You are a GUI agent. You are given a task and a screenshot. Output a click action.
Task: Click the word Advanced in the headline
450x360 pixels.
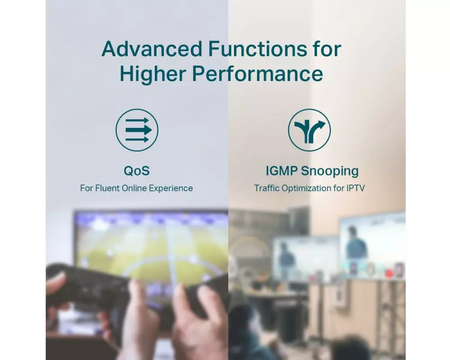(152, 49)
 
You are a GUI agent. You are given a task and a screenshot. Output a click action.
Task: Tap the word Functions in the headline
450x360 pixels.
(257, 49)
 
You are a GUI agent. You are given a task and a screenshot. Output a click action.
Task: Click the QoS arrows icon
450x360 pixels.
(137, 130)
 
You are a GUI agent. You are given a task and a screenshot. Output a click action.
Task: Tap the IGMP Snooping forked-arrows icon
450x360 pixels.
(310, 130)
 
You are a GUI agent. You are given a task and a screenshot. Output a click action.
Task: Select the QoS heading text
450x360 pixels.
(137, 171)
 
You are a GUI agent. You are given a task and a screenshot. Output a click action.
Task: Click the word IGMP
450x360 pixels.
(282, 171)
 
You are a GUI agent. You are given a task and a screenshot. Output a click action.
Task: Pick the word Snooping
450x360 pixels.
(330, 171)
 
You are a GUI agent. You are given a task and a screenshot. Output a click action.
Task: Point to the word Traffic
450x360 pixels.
(266, 188)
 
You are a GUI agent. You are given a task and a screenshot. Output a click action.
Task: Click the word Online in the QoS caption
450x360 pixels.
(134, 188)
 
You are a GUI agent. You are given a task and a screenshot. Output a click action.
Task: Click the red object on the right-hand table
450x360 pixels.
(389, 272)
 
